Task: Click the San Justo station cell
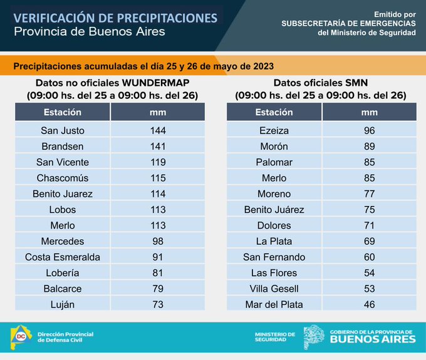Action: click(x=63, y=131)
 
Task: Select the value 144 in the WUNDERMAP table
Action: click(x=158, y=131)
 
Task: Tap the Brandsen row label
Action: click(x=63, y=147)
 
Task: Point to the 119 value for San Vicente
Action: click(x=158, y=162)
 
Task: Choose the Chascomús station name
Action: click(x=63, y=178)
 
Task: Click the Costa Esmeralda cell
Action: click(x=63, y=257)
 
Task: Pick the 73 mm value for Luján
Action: click(x=158, y=304)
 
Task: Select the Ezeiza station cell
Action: click(x=274, y=131)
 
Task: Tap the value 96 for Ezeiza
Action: click(x=370, y=131)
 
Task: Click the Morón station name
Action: click(x=274, y=147)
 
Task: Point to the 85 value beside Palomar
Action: click(x=370, y=162)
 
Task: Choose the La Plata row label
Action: click(x=274, y=241)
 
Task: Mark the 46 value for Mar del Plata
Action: click(x=370, y=304)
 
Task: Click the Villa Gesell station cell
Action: click(x=274, y=289)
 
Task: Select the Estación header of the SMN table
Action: click(x=274, y=113)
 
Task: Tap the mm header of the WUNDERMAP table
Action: click(x=158, y=113)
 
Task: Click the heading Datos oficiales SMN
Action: click(x=321, y=83)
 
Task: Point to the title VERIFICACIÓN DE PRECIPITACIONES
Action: click(x=115, y=17)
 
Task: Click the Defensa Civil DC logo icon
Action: click(x=21, y=337)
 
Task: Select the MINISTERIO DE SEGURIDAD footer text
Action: click(x=274, y=337)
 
